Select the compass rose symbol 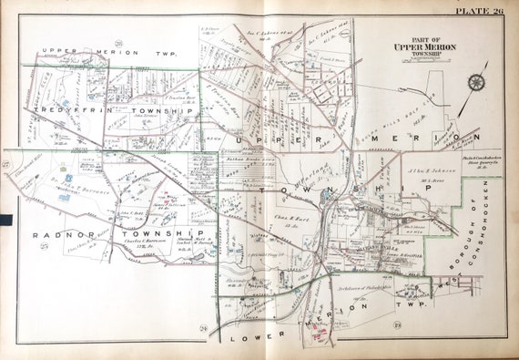(477, 83)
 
